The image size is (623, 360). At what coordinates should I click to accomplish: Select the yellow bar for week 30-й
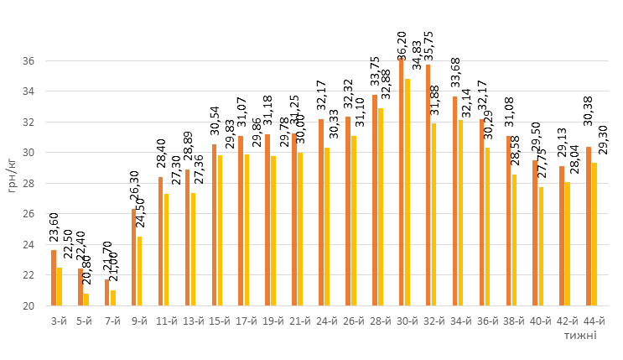coord(408,192)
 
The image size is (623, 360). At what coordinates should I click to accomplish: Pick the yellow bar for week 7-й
coord(113,298)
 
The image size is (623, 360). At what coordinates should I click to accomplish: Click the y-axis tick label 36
coord(29,61)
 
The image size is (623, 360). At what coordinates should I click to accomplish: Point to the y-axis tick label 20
coord(29,306)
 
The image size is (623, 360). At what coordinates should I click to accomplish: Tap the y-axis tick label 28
coord(29,184)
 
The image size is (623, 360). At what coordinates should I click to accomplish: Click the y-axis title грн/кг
coord(11,174)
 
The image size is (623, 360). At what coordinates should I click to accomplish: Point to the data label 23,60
coord(54,228)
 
